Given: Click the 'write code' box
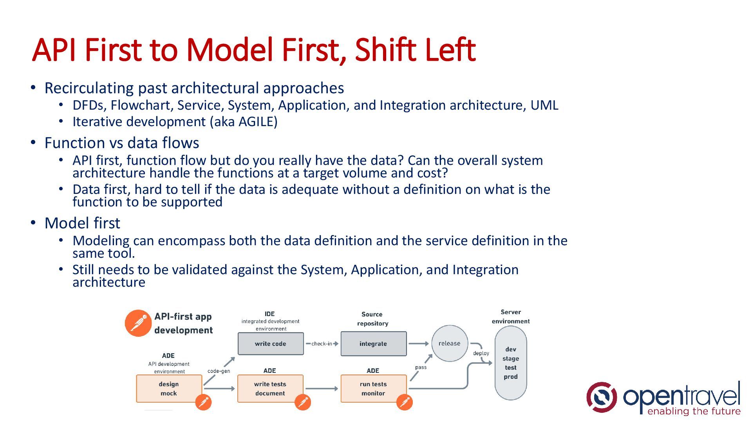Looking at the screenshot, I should coord(271,344).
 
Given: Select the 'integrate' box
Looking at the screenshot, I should coord(373,344).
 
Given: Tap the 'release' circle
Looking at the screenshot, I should coord(449,343).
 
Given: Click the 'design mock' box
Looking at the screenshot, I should coord(169,389).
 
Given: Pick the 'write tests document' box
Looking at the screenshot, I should coord(270,389).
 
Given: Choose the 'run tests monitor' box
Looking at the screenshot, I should coord(373,389).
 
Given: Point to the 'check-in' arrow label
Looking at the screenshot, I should coord(322,344).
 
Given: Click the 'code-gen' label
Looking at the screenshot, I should coord(219,371).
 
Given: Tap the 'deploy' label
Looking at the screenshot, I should coord(481,353).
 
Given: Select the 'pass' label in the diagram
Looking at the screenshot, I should coord(421,367).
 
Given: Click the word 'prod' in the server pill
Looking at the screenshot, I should coord(511,377).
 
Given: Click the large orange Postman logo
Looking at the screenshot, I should coord(138,323).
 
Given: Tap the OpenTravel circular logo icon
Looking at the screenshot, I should coord(601,397).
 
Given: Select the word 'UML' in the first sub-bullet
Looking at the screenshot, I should coord(544,105).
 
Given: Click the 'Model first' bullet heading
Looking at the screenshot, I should coord(82,223).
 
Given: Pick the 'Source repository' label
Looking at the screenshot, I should coord(372,319).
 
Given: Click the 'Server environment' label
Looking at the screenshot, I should coord(511,316).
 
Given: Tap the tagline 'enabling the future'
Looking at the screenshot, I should coord(694,411).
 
